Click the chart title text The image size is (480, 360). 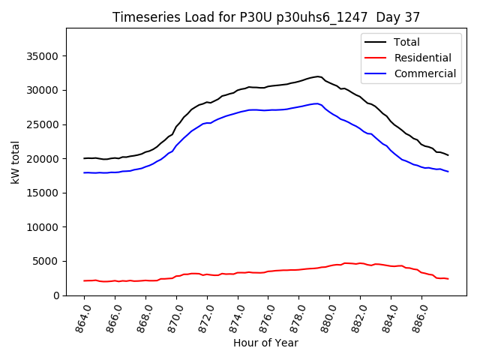click(266, 16)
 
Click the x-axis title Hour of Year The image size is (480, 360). click(265, 343)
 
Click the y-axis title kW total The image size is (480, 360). click(15, 162)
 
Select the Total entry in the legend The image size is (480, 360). click(407, 42)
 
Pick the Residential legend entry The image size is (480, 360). click(423, 58)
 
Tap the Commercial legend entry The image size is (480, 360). click(424, 73)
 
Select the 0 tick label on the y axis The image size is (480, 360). click(56, 295)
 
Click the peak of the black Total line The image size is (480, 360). click(318, 76)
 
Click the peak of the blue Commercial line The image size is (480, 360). click(317, 103)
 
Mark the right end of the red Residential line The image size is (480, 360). click(448, 279)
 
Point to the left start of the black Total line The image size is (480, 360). click(85, 158)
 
